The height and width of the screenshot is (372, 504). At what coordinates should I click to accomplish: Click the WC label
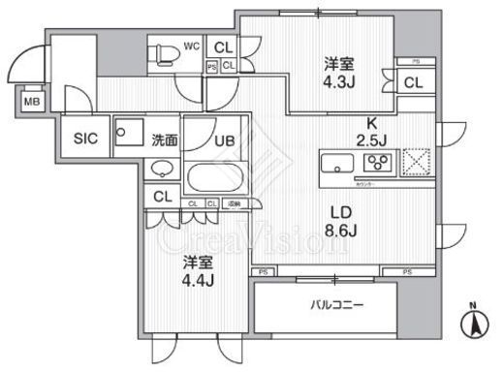[x=192, y=46]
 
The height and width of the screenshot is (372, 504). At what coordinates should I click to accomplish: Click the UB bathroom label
[x=222, y=139]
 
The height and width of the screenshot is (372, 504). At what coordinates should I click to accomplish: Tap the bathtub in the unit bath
[x=216, y=179]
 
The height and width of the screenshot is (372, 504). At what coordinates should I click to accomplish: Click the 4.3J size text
[x=337, y=82]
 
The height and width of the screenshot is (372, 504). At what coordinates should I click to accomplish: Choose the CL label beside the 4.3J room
[x=413, y=83]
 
